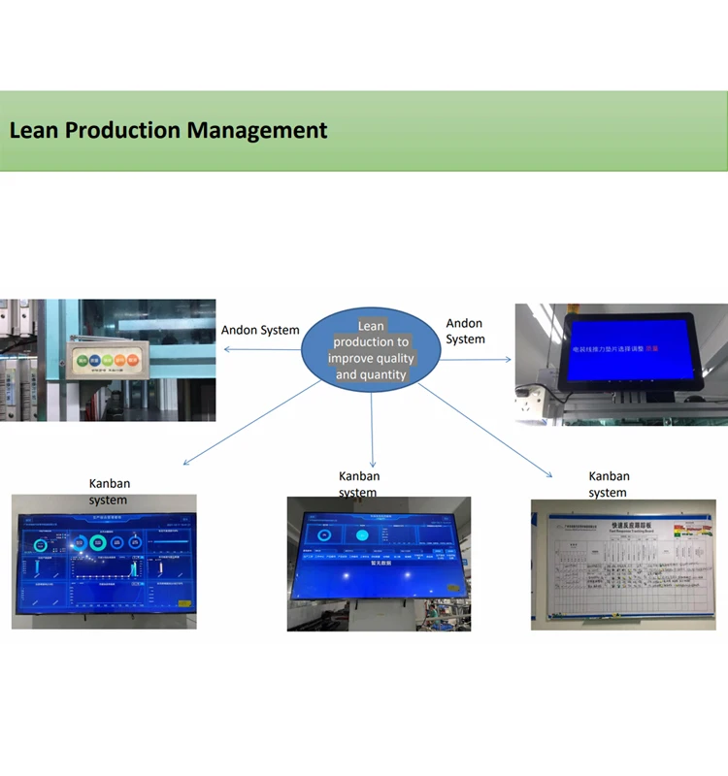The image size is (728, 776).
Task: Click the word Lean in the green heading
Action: point(34,130)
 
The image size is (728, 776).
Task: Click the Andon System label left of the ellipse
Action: point(260,330)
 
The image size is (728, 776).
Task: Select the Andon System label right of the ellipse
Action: point(465,331)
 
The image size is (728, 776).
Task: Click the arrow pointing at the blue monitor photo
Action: point(476,360)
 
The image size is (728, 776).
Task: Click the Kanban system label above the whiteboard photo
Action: point(609,484)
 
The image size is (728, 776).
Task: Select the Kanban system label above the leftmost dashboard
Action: point(109,492)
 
